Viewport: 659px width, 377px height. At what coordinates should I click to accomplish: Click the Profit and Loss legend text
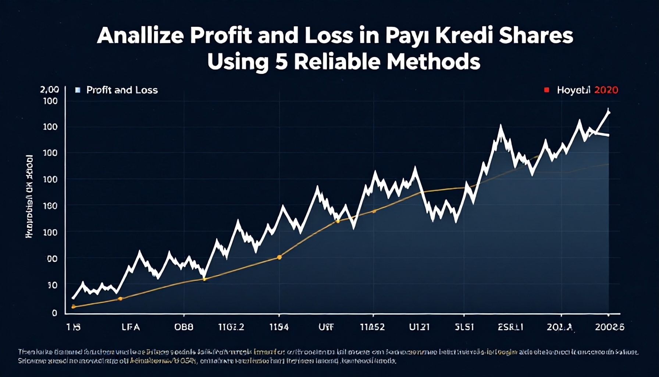(x=122, y=90)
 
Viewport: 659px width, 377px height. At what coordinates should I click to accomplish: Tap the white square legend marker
(x=78, y=90)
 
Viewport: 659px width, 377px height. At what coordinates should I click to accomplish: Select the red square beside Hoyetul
(x=546, y=90)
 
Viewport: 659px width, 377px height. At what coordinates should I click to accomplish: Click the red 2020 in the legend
(x=606, y=90)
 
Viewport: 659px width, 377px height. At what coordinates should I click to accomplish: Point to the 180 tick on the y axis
(x=50, y=206)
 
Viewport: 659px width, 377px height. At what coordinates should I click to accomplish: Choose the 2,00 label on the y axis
(x=49, y=89)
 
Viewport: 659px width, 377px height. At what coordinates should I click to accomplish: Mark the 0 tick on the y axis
(x=54, y=313)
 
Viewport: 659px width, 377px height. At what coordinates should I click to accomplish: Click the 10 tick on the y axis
(x=53, y=285)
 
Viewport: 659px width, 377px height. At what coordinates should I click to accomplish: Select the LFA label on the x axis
(x=131, y=327)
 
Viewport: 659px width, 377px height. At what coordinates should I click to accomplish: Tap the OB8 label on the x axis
(x=184, y=327)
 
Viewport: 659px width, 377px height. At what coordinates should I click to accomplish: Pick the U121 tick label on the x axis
(x=419, y=327)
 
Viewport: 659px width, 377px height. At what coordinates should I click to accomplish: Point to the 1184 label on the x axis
(x=279, y=327)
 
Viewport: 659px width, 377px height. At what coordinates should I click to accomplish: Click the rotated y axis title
(x=29, y=196)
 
